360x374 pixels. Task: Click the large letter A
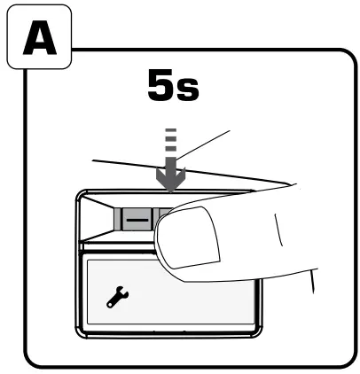(40, 38)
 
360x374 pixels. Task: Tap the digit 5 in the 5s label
(160, 85)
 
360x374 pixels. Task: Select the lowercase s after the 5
(187, 90)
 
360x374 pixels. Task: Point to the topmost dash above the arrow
(171, 130)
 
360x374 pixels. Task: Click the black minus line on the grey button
(137, 220)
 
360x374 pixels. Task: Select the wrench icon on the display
(117, 297)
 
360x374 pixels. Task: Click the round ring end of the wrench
(110, 304)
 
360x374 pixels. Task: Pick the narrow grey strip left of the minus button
(118, 219)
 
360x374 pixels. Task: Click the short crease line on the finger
(278, 230)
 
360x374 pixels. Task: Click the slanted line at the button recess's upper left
(97, 201)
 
